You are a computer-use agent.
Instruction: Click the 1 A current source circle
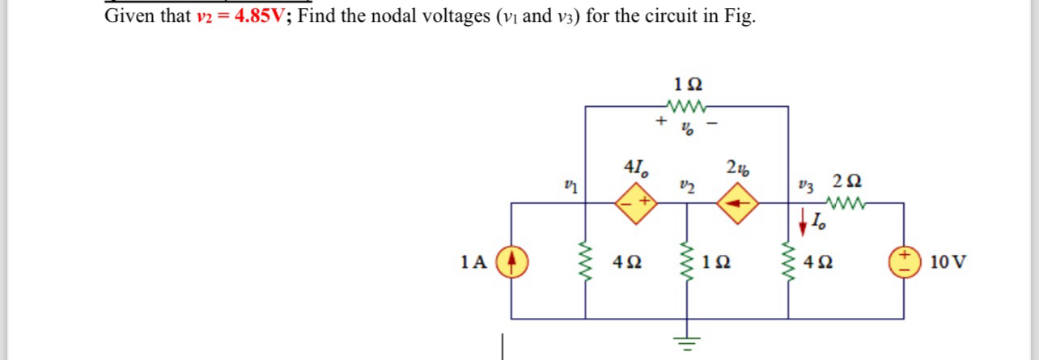point(511,262)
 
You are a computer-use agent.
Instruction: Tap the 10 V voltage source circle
point(903,262)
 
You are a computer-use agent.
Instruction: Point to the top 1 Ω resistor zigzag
point(687,106)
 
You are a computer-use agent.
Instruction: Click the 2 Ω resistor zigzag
point(846,203)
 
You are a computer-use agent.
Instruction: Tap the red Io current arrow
point(804,218)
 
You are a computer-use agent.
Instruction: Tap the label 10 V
point(948,262)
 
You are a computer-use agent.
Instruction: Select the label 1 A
point(473,262)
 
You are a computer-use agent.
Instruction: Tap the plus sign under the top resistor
point(661,122)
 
